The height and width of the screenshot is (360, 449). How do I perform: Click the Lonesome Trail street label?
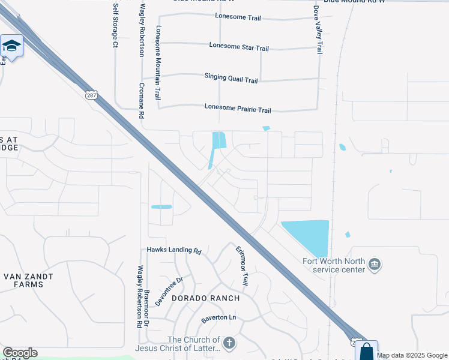pyautogui.click(x=238, y=17)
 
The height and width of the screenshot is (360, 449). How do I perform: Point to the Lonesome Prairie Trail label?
pyautogui.click(x=238, y=109)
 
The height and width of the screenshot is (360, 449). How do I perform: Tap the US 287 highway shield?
pyautogui.click(x=91, y=95)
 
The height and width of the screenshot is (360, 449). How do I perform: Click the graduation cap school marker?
pyautogui.click(x=11, y=46)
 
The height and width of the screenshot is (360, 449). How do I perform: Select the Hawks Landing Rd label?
pyautogui.click(x=173, y=250)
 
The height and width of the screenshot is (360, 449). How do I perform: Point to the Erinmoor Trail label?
pyautogui.click(x=242, y=265)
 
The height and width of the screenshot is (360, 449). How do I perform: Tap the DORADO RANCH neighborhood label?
pyautogui.click(x=206, y=298)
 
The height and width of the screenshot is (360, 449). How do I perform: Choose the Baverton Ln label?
pyautogui.click(x=219, y=317)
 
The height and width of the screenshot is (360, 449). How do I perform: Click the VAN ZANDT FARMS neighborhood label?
pyautogui.click(x=28, y=280)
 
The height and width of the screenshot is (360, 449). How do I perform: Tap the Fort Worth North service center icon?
pyautogui.click(x=375, y=264)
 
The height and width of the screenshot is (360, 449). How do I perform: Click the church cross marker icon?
pyautogui.click(x=229, y=343)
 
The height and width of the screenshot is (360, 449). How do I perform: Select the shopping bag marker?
pyautogui.click(x=366, y=351)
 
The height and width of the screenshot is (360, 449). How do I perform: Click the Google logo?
pyautogui.click(x=20, y=353)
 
